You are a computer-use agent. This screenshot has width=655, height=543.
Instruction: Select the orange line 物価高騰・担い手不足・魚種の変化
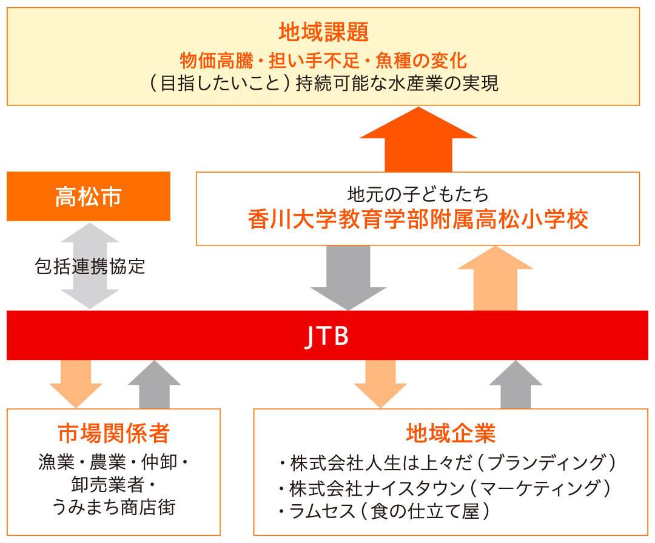(323, 61)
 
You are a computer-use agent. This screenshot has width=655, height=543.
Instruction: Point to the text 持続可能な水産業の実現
(397, 83)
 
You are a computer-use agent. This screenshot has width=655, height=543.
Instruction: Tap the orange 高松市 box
(88, 196)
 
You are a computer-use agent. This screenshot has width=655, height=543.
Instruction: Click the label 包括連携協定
(90, 266)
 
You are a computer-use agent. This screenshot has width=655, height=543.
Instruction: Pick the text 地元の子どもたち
(418, 195)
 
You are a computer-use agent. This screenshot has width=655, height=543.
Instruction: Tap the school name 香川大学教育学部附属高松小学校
(418, 219)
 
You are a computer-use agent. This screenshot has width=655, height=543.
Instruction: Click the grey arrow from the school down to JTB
(348, 276)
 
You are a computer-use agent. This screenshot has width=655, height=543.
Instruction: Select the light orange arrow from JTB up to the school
(495, 279)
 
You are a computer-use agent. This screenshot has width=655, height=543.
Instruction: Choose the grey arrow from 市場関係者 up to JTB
(154, 385)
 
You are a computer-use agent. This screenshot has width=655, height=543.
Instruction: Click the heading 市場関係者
(113, 433)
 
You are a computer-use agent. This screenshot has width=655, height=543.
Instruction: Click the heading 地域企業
(451, 433)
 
